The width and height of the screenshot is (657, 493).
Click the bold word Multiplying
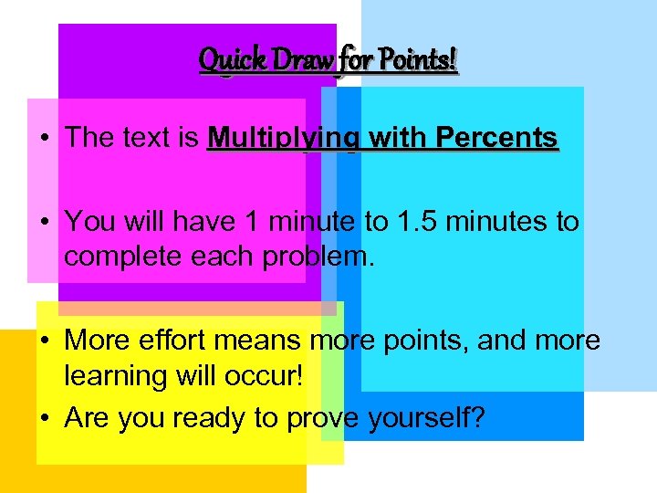pos(283,138)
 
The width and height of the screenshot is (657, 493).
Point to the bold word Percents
pos(497,138)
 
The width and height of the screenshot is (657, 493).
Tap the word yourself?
pos(427,418)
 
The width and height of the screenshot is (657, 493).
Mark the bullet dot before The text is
pos(44,139)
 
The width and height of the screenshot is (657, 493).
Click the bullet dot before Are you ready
pos(44,419)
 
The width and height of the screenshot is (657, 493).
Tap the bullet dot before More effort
pos(44,341)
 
